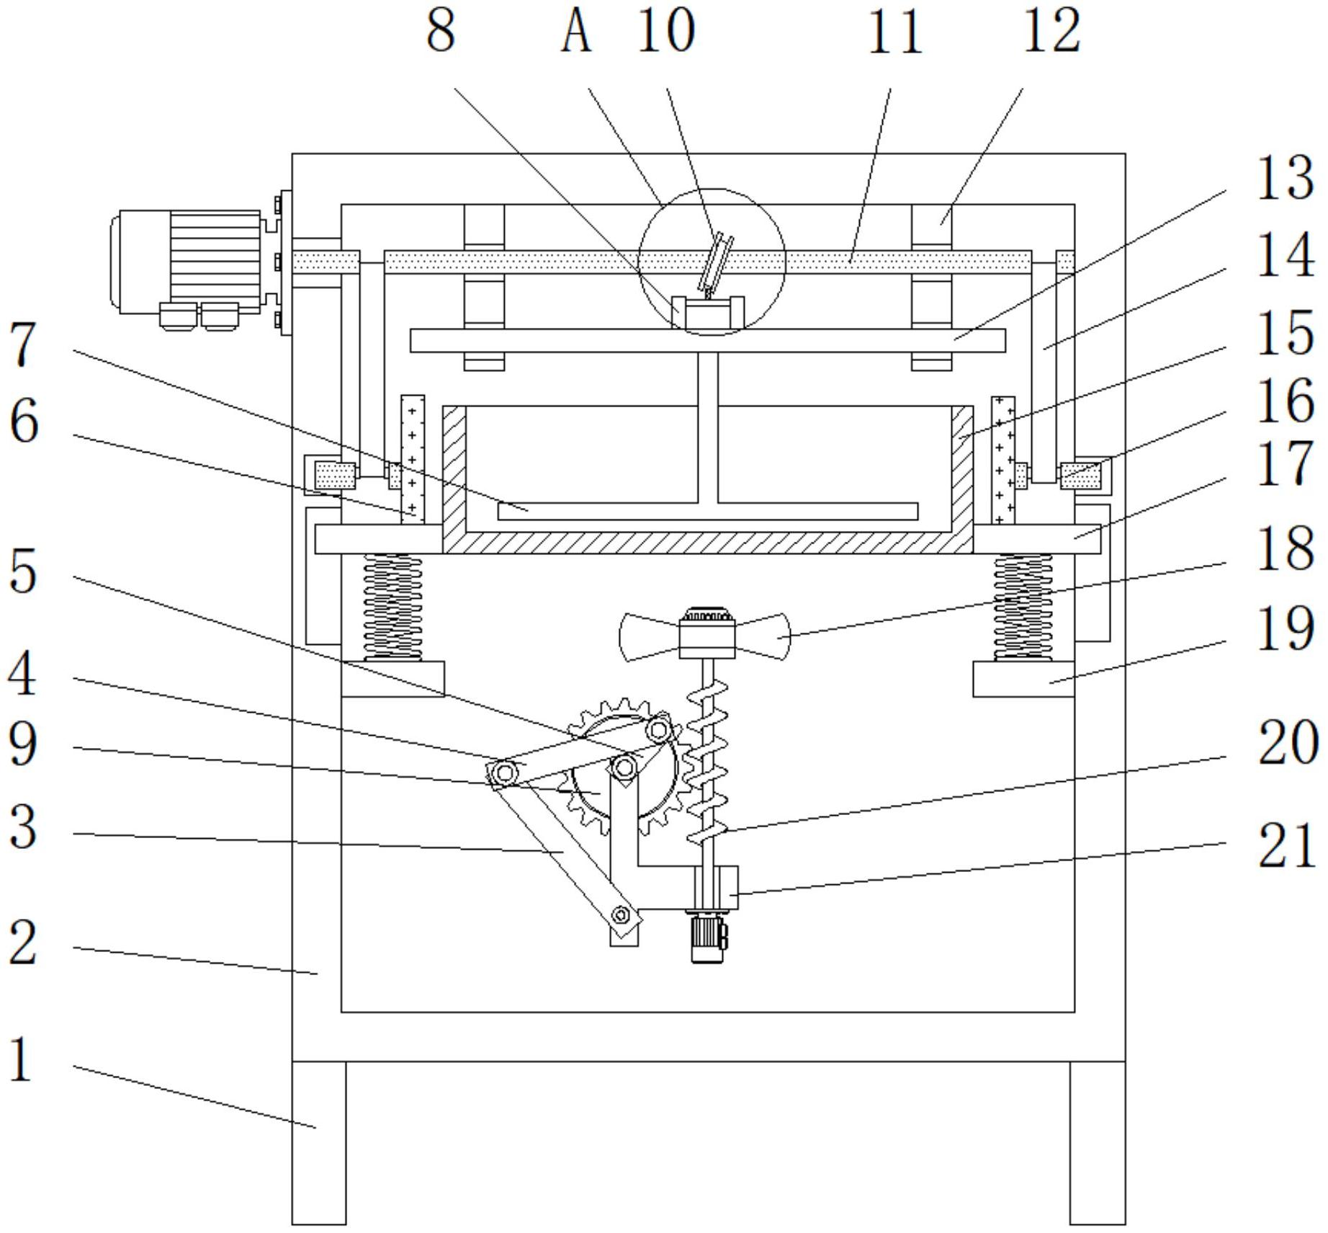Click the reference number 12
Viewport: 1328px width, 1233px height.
(x=1052, y=30)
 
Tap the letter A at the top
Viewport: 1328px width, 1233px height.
(x=576, y=30)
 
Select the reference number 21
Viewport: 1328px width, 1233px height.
(x=1287, y=845)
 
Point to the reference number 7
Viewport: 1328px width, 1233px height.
(x=23, y=344)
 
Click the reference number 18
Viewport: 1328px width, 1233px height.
(x=1286, y=547)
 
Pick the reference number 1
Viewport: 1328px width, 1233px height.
(x=22, y=1059)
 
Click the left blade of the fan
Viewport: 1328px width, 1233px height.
(x=650, y=636)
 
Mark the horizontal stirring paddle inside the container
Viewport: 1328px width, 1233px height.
(x=708, y=511)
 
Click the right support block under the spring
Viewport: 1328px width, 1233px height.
(x=1023, y=679)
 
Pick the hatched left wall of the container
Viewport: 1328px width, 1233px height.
(x=454, y=479)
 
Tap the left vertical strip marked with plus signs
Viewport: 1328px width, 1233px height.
(x=413, y=459)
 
